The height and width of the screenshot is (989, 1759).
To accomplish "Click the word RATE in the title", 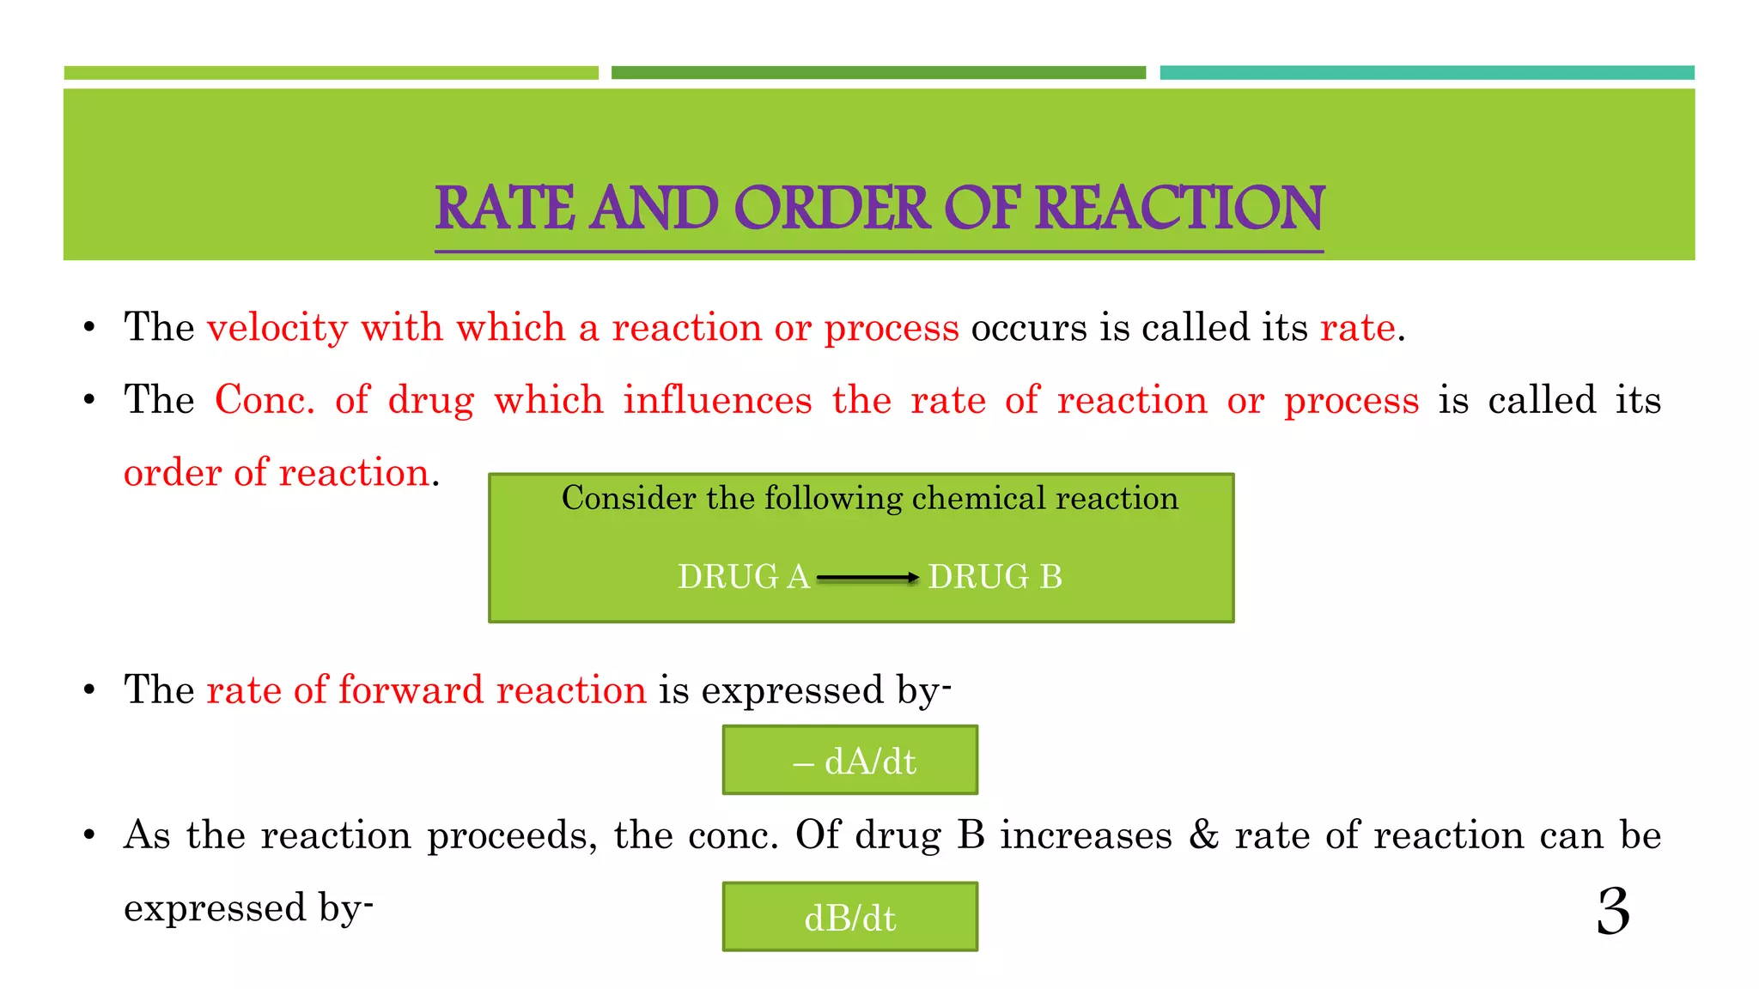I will [504, 209].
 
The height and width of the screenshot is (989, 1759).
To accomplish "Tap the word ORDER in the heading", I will [831, 209].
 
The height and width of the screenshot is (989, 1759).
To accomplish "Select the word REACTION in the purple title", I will [1179, 209].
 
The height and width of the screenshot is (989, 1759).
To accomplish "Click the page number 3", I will [1613, 911].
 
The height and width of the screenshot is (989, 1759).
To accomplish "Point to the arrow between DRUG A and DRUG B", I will [867, 578].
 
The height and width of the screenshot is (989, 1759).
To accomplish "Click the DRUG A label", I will [744, 577].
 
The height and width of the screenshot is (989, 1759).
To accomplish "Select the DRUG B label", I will [995, 577].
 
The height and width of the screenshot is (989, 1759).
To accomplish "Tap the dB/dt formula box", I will [849, 917].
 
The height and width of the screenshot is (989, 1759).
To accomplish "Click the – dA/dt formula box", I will [849, 761].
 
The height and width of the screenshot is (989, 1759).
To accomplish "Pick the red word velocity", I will [277, 328].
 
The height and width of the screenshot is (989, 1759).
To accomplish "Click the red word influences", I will [717, 401].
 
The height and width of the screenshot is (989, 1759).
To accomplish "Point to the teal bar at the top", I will [1427, 73].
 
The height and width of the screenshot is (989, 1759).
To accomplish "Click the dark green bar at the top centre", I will [878, 73].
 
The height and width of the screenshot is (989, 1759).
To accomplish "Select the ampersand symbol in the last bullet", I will [1203, 835].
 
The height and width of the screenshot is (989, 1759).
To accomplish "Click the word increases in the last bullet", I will [1086, 835].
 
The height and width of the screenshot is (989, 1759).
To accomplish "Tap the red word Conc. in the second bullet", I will [265, 401].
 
